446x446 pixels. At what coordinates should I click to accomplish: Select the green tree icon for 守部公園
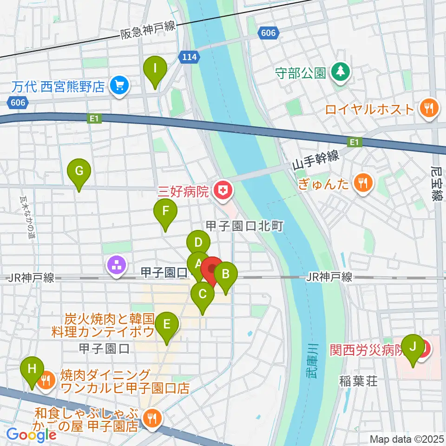[340, 72]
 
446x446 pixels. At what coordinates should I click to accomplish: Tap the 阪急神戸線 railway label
[148, 31]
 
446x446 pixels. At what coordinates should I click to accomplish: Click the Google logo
[32, 435]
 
